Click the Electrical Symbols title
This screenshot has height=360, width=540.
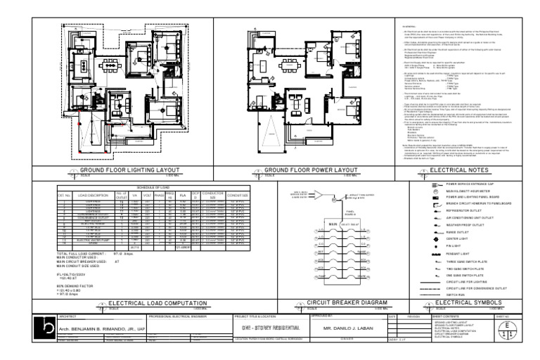pos(465,303)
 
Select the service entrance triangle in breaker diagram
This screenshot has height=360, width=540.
pos(320,197)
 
